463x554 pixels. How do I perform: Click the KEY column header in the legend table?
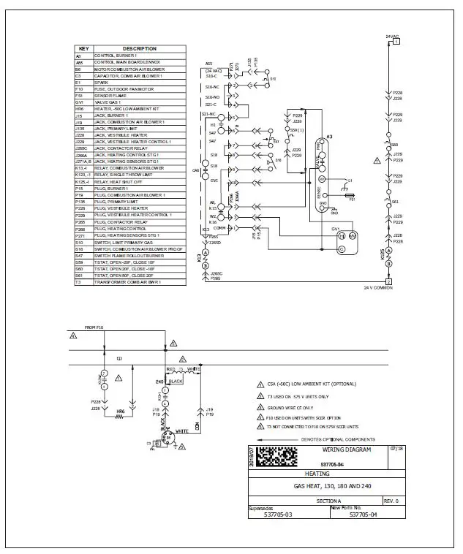click(x=83, y=49)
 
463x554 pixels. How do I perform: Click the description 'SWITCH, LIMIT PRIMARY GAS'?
click(x=126, y=241)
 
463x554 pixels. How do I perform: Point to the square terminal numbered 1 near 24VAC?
click(x=396, y=42)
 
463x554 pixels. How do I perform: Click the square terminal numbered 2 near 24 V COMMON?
click(x=388, y=281)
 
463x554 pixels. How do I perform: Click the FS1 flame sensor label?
click(x=352, y=200)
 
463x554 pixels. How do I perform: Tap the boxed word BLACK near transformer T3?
click(x=176, y=381)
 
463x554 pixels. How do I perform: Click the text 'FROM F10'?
click(x=94, y=327)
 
